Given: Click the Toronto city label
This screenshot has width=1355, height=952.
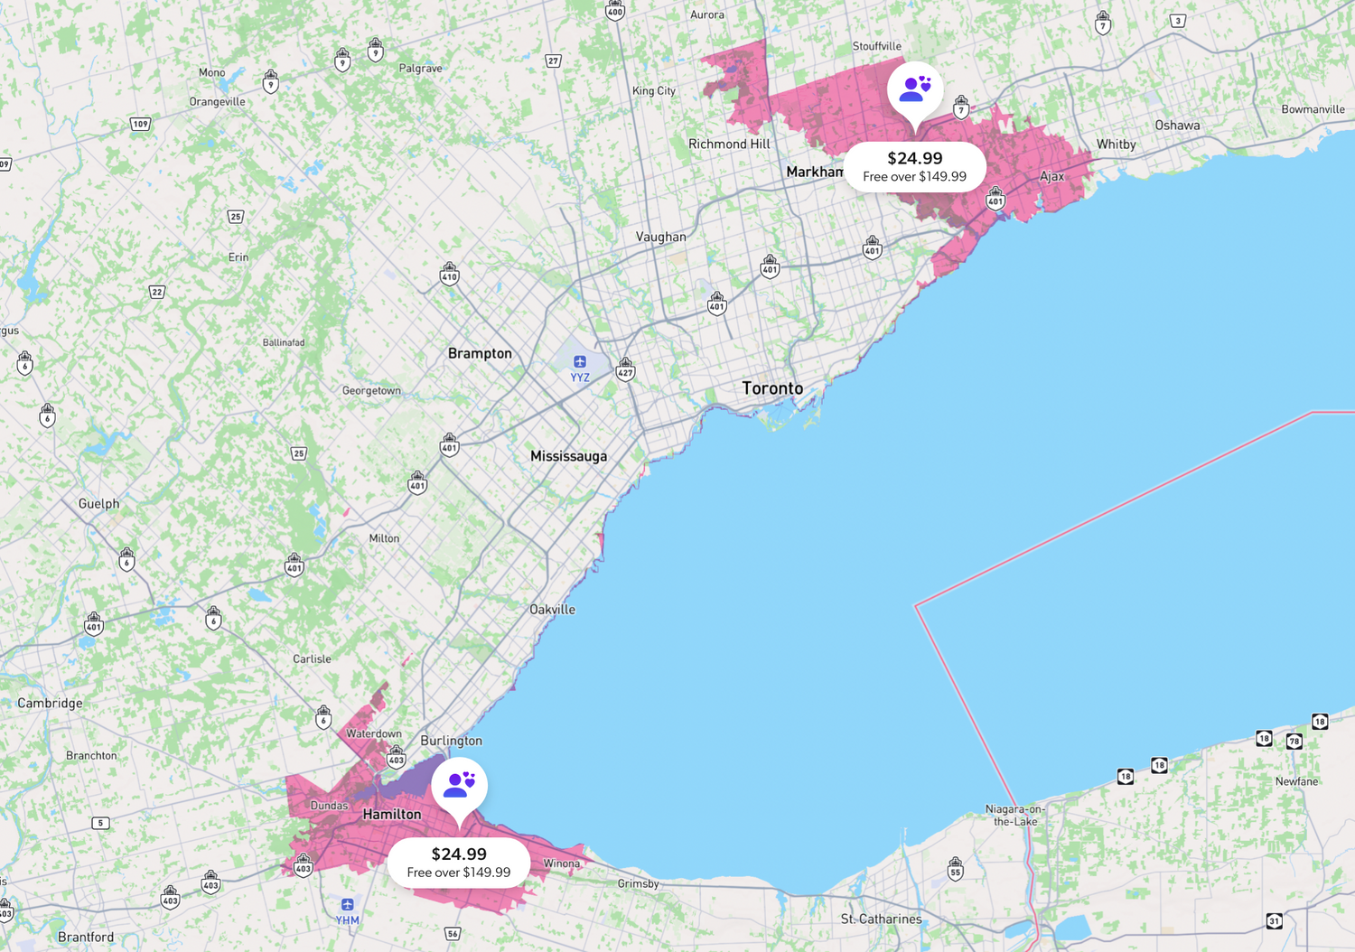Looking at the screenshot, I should point(772,388).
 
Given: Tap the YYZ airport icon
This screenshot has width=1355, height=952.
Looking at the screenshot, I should point(580,362).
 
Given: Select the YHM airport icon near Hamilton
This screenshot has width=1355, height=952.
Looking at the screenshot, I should point(348,905).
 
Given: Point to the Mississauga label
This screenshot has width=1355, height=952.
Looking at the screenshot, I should point(568,456).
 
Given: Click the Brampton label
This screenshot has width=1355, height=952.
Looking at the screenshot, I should point(480,353).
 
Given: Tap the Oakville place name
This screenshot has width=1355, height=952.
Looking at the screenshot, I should point(552,610).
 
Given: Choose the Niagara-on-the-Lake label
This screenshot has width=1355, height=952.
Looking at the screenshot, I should point(1014,816).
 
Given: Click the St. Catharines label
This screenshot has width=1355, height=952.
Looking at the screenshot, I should point(881,919).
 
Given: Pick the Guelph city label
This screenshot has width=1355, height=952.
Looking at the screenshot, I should point(98,504).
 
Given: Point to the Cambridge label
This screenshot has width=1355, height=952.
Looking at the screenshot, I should point(50,703).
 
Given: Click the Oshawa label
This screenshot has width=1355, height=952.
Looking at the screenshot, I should point(1177,126).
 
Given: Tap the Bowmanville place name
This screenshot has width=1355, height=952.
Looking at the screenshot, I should point(1313,109).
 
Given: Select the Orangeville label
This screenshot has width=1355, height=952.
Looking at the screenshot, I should point(217,101).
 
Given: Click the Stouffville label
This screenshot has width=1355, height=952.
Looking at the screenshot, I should point(876,46).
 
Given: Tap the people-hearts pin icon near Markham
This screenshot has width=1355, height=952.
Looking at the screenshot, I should point(915,89).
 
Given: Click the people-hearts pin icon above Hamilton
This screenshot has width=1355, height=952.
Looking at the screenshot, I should point(459,784).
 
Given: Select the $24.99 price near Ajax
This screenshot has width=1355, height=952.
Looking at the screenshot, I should point(914,158).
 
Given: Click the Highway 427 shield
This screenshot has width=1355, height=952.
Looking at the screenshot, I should point(625,369).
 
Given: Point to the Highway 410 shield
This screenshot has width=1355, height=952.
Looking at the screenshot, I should point(449,274).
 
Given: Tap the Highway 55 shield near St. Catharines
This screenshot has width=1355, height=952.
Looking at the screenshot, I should point(955,869).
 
